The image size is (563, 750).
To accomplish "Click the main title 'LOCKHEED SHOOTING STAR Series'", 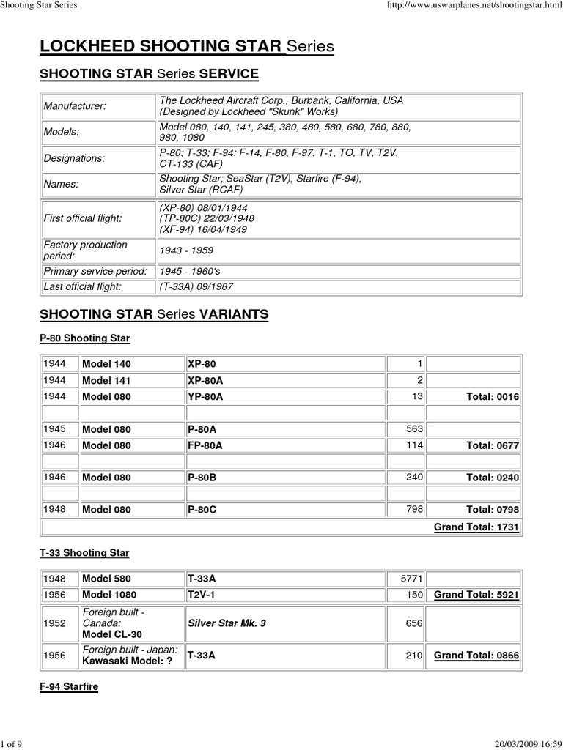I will click(x=187, y=47).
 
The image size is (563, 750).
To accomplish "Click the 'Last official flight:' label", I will click(x=81, y=287).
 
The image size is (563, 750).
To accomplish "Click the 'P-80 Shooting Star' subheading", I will click(x=84, y=338).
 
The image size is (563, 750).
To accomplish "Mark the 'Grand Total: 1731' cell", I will click(x=476, y=527).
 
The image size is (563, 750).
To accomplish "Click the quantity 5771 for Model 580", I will click(x=411, y=579).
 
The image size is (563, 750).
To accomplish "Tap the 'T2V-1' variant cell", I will click(x=202, y=595).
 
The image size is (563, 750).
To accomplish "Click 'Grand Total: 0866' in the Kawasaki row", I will click(x=476, y=656).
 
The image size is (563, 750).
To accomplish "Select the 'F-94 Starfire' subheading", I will click(x=69, y=687).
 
